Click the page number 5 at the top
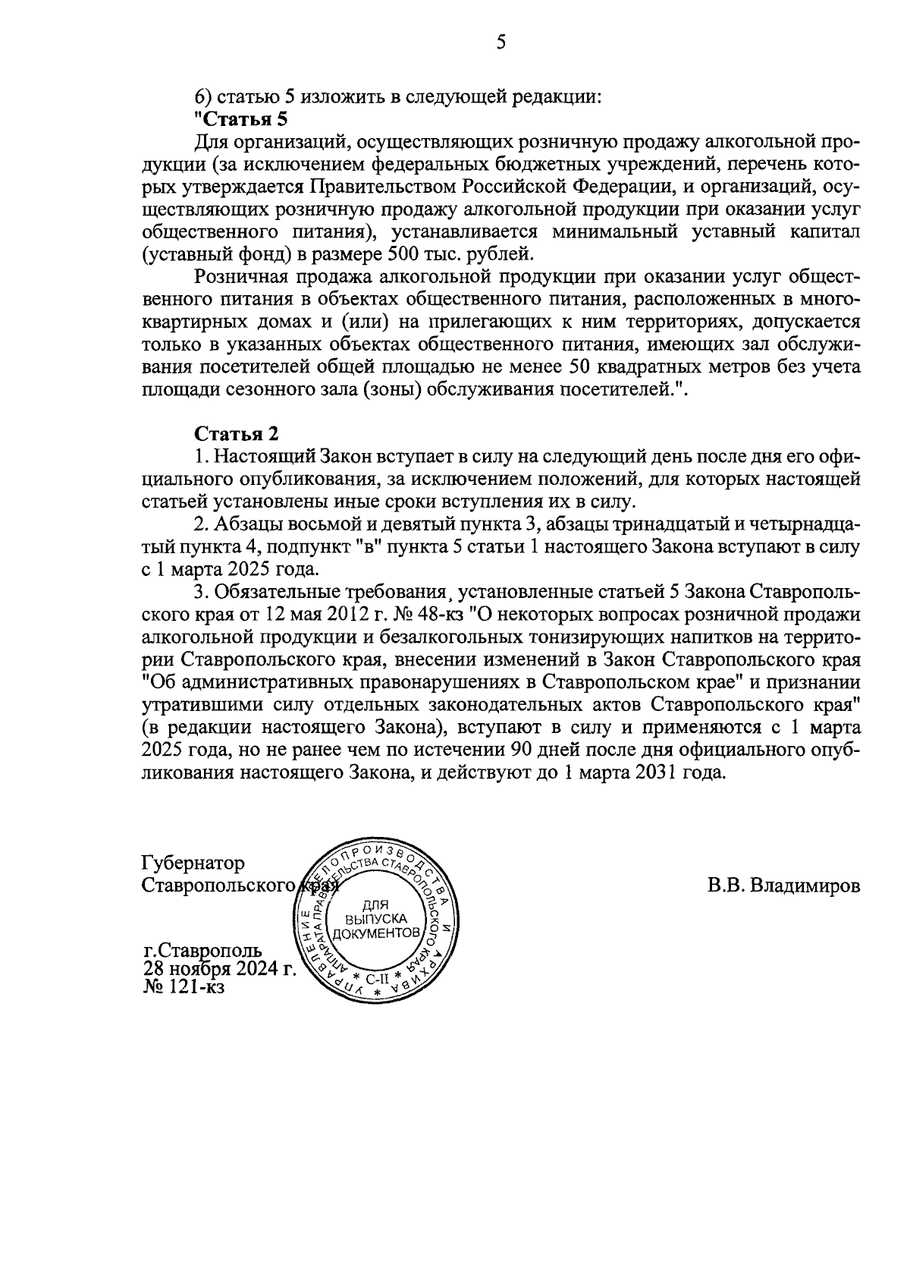point(500,43)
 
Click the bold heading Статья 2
point(237,434)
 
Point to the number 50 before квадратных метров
point(577,368)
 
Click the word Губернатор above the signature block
point(193,863)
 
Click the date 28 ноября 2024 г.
point(218,969)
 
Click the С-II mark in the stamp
point(376,979)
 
